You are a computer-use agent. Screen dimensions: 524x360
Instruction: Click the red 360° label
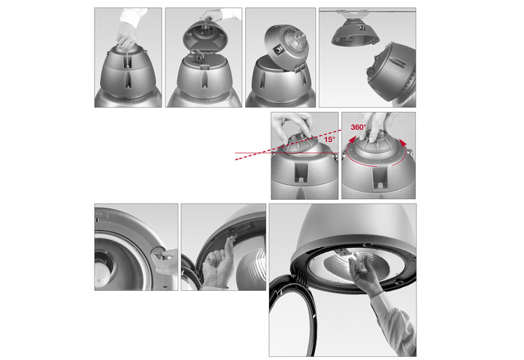(359, 127)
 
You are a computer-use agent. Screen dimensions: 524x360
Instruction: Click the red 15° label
(329, 139)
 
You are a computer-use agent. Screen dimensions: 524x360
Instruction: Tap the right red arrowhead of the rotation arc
(404, 143)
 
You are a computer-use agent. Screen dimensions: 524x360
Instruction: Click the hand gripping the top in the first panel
(127, 36)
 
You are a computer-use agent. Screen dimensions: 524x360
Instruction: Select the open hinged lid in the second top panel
(206, 36)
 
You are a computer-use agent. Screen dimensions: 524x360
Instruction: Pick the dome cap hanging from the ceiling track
(356, 32)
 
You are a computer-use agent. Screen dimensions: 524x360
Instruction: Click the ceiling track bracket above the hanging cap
(353, 14)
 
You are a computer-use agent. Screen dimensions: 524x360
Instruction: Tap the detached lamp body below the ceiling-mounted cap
(392, 73)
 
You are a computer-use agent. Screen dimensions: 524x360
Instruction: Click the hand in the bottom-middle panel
(218, 264)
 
